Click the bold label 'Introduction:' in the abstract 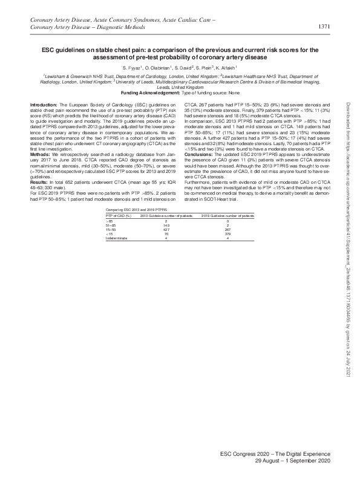point(44,105)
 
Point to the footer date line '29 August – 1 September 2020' point(293,461)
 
